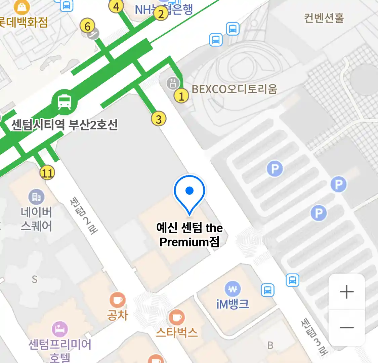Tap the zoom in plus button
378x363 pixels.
[346, 292]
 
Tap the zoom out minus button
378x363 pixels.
[346, 327]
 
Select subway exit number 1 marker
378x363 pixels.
[181, 96]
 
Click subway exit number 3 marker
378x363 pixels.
[159, 119]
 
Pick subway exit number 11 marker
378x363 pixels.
[47, 173]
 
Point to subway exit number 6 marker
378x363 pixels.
[87, 26]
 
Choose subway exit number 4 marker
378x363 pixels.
[116, 6]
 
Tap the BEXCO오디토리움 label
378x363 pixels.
[235, 89]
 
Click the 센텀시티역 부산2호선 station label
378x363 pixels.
[65, 125]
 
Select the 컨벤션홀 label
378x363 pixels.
[324, 18]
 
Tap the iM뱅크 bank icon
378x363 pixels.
[233, 289]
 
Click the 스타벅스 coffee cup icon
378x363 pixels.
[176, 317]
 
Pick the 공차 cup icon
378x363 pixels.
[118, 300]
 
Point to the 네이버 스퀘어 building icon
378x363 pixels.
[36, 197]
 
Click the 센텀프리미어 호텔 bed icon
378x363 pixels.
[60, 329]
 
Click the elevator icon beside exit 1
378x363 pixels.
[173, 83]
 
